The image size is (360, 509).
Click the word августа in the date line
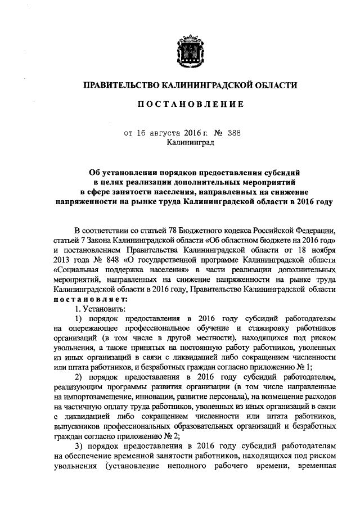tap(166, 133)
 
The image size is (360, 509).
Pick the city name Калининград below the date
tap(189, 143)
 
